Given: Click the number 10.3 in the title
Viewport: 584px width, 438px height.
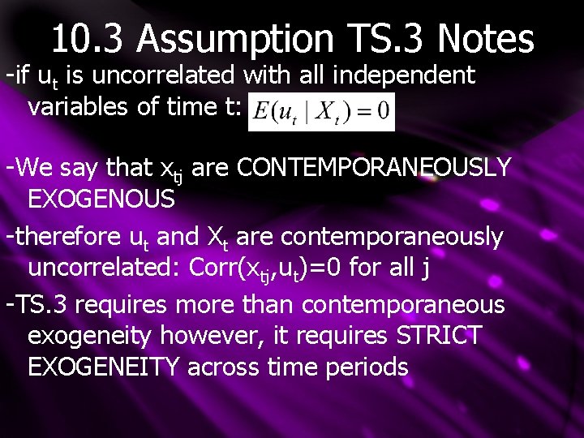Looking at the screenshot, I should click(89, 38).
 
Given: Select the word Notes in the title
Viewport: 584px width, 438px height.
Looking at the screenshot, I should click(485, 38).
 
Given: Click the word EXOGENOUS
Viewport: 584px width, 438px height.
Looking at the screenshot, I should click(101, 199).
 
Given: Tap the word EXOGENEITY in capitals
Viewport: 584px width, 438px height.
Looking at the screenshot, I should click(104, 367).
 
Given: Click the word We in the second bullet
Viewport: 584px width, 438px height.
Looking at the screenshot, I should click(32, 168).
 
